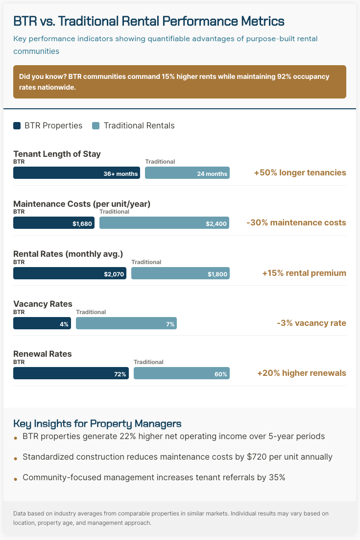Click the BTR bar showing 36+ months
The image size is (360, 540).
tap(76, 173)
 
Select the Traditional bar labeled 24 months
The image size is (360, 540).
tap(187, 173)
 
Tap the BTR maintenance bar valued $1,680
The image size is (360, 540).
tap(54, 223)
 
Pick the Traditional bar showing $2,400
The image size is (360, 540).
tap(164, 223)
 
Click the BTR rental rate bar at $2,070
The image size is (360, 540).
tap(70, 273)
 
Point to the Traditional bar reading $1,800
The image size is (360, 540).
tap(180, 273)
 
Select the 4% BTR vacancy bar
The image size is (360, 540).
tap(42, 323)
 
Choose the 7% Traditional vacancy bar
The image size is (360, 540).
tap(126, 323)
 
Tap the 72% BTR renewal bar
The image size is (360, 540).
tap(71, 373)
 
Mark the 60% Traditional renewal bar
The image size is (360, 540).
tap(181, 373)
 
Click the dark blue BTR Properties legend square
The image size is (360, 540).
tap(17, 126)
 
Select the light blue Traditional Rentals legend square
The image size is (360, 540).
tap(96, 126)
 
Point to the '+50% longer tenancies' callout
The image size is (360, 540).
tap(300, 172)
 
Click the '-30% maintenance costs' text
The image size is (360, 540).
tap(296, 222)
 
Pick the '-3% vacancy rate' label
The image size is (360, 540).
tap(311, 323)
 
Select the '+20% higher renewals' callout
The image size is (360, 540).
tap(301, 373)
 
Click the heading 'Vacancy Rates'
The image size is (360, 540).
tap(43, 304)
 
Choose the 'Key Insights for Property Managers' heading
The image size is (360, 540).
tap(97, 423)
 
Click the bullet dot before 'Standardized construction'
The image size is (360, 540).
tap(16, 458)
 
